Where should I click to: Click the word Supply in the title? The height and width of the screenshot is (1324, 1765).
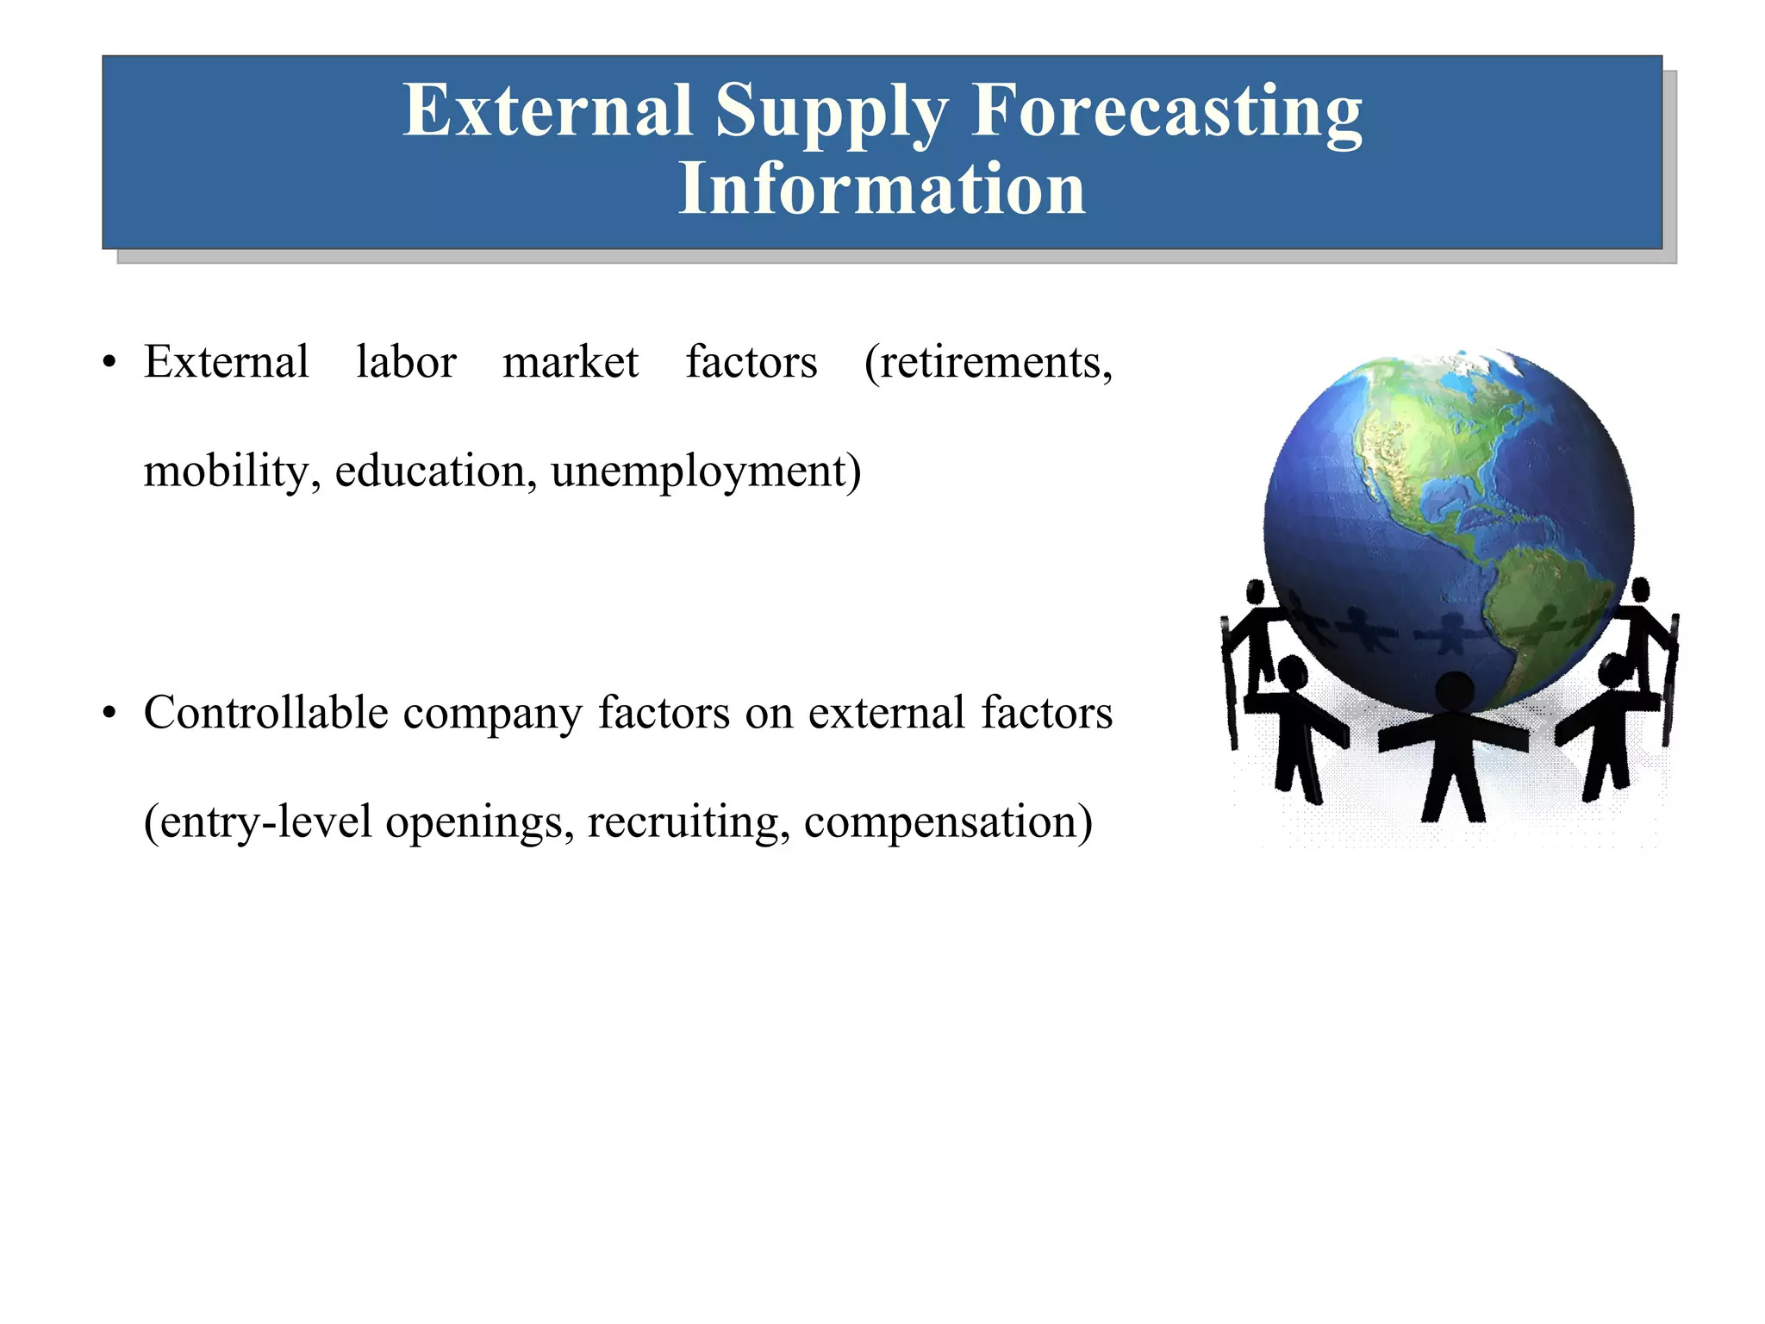pyautogui.click(x=831, y=112)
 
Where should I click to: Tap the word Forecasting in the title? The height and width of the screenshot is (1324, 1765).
pyautogui.click(x=1167, y=112)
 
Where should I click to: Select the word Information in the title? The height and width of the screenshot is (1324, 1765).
pyautogui.click(x=882, y=189)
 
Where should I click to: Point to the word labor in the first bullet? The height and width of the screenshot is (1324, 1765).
pyautogui.click(x=406, y=362)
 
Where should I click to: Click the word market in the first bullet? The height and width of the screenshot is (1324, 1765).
pyautogui.click(x=571, y=362)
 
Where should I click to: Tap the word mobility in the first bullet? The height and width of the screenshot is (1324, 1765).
pyautogui.click(x=227, y=472)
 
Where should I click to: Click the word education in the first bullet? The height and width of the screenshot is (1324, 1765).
pyautogui.click(x=435, y=472)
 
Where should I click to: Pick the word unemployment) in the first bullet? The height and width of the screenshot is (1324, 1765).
pyautogui.click(x=706, y=472)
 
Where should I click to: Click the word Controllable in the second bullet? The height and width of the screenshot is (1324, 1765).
pyautogui.click(x=266, y=714)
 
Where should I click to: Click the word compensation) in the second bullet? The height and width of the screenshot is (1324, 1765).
pyautogui.click(x=948, y=822)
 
